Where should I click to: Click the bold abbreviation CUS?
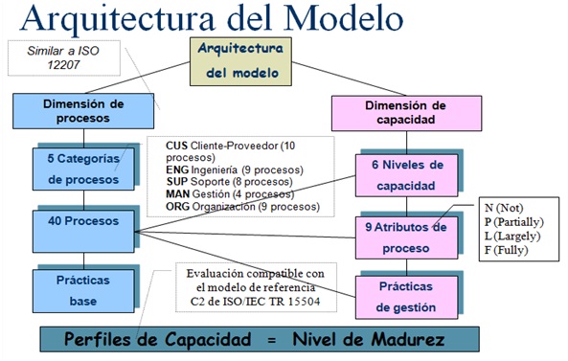point(178,146)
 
